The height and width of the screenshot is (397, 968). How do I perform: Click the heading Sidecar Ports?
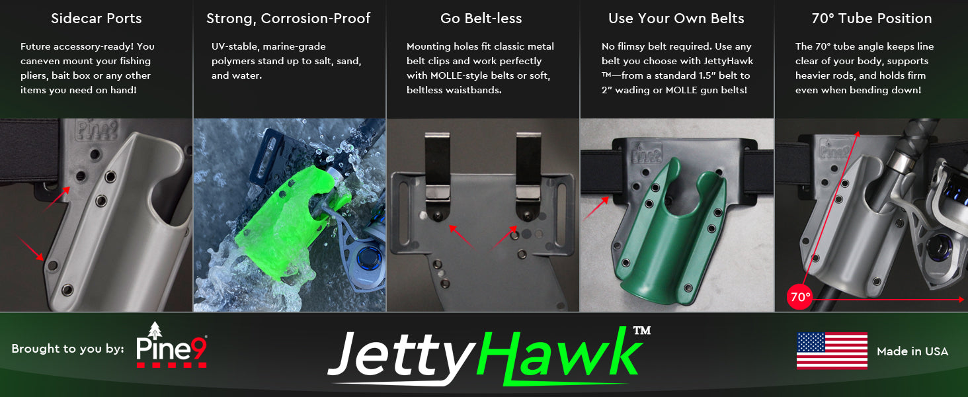(x=97, y=19)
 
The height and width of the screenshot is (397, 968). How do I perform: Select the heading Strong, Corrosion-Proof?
(x=288, y=19)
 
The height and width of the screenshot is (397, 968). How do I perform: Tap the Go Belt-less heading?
(x=481, y=19)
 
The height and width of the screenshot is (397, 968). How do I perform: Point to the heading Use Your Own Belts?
(x=676, y=19)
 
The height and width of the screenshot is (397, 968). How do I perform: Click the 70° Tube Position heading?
(x=871, y=19)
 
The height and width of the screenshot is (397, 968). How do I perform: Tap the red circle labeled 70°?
(x=799, y=297)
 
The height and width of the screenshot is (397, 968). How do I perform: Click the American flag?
(x=832, y=351)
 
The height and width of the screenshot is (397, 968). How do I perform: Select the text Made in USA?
(x=912, y=351)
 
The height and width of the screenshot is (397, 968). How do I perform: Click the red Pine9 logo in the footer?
(x=172, y=345)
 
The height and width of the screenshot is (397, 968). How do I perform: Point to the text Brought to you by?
(x=67, y=349)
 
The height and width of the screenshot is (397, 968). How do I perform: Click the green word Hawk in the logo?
(x=559, y=354)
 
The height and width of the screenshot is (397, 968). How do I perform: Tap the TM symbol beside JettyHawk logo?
(x=641, y=331)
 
